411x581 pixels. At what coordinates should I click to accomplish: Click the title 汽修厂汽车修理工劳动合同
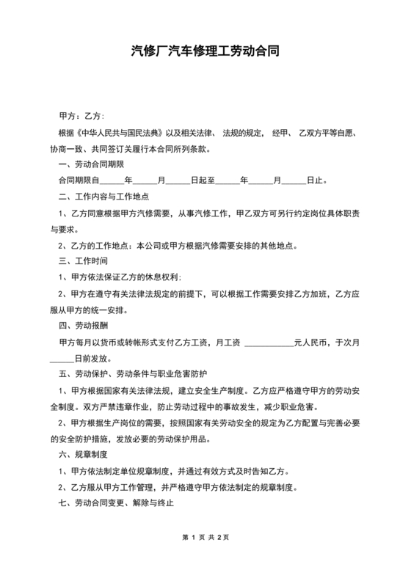[x=205, y=52]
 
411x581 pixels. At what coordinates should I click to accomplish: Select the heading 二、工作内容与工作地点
[x=103, y=197]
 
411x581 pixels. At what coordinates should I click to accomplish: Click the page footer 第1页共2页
[x=205, y=558]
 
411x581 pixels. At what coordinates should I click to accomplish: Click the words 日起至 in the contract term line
[x=202, y=180]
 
